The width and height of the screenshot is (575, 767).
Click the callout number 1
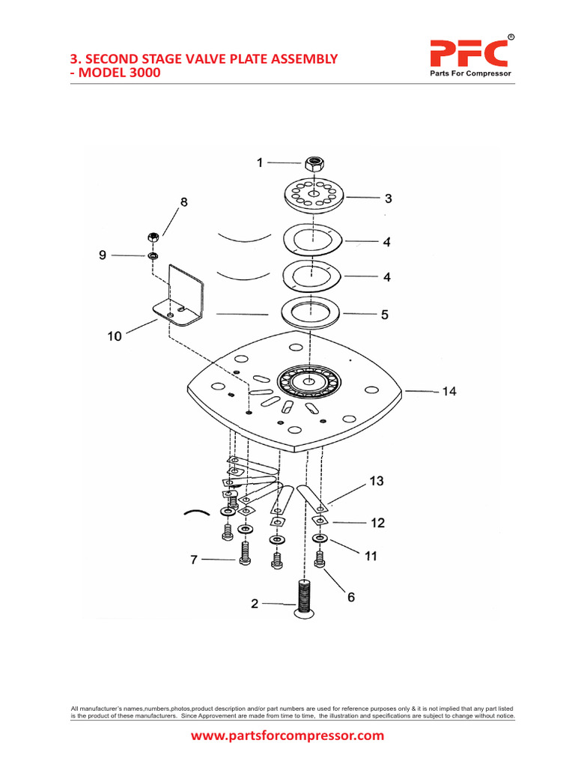point(260,162)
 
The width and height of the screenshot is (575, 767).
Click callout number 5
point(384,315)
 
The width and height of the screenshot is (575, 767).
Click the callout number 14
point(448,391)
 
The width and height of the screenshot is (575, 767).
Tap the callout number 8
point(183,201)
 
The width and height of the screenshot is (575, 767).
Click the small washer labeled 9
point(153,256)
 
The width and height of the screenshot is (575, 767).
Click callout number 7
point(194,559)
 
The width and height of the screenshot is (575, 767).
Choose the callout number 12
point(377,523)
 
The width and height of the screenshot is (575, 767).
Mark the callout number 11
point(371,557)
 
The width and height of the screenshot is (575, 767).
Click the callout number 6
point(350,597)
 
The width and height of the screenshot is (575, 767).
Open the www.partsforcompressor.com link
point(287,736)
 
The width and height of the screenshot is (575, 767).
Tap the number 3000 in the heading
point(141,73)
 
